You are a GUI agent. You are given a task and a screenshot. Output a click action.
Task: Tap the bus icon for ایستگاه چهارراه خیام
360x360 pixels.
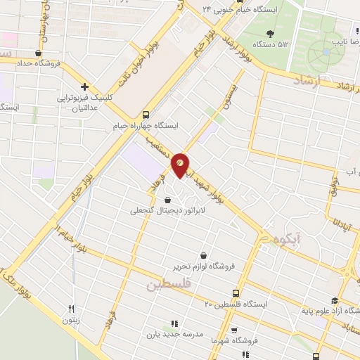(x=146, y=114)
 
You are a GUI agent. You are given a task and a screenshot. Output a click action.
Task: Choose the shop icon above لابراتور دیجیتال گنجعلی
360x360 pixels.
(x=167, y=200)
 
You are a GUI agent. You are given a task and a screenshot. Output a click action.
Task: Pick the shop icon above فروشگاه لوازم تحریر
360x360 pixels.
(x=203, y=255)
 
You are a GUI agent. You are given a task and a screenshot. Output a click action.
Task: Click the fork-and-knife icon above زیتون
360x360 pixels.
(x=71, y=309)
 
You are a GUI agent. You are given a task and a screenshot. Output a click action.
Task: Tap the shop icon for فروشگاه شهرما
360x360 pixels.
(x=234, y=329)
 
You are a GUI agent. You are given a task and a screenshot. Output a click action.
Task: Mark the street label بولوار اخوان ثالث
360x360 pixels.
(x=138, y=55)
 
